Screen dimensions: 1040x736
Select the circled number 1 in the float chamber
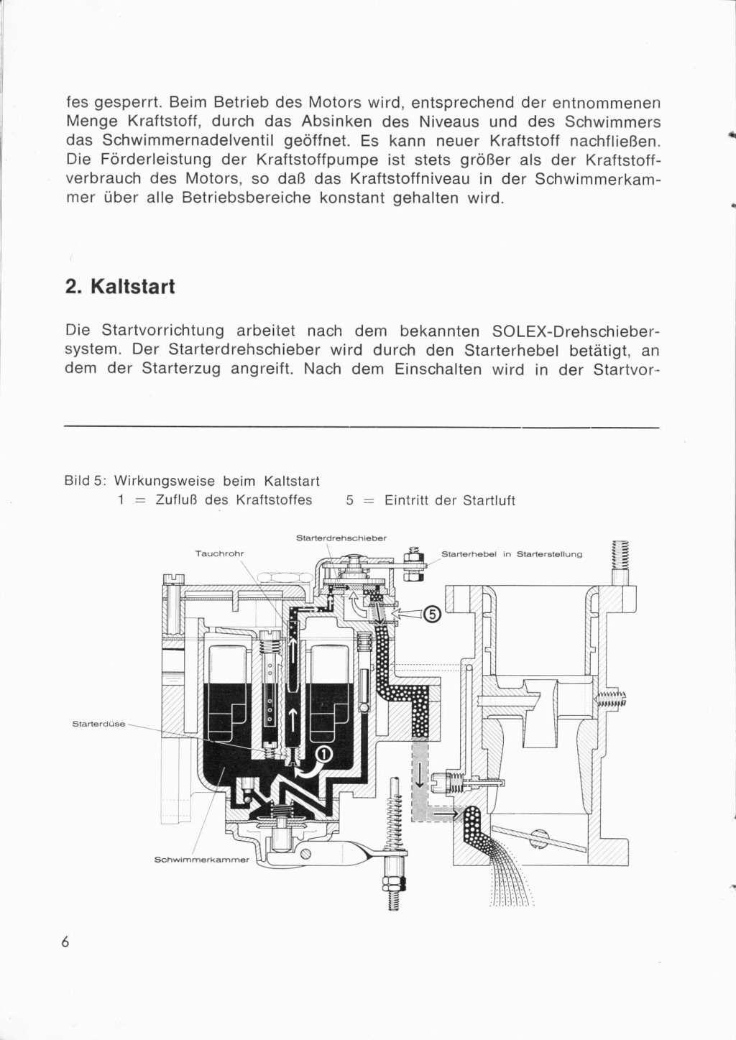323,753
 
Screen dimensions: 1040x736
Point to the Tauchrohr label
220,553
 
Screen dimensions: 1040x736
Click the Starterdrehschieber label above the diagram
341,538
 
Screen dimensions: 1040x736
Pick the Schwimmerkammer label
201,860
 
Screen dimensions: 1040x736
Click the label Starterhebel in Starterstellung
511,554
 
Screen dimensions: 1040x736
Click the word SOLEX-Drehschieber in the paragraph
576,332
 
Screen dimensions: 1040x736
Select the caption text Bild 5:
86,480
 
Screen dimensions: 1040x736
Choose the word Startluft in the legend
487,500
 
